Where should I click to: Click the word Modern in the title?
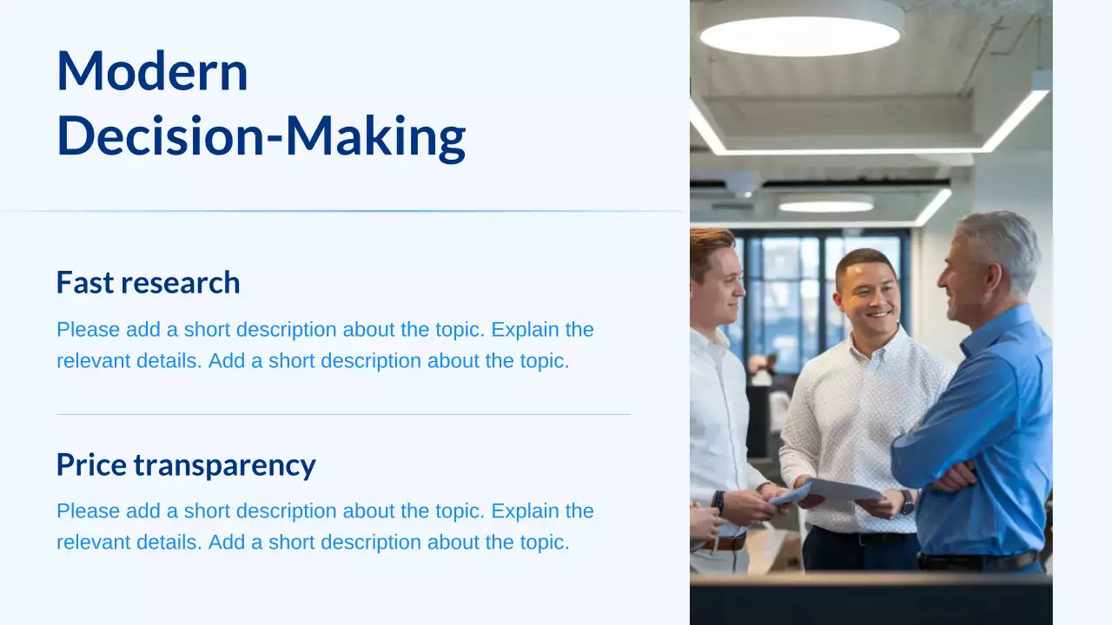pyautogui.click(x=152, y=71)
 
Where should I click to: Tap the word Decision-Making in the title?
pyautogui.click(x=261, y=136)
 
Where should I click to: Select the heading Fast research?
pyautogui.click(x=148, y=283)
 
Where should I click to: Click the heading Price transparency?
pyautogui.click(x=186, y=465)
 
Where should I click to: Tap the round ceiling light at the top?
pyautogui.click(x=800, y=33)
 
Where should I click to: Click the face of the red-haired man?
pyautogui.click(x=720, y=282)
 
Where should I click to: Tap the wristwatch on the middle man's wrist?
pyautogui.click(x=906, y=502)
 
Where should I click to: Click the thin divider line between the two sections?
pyautogui.click(x=343, y=415)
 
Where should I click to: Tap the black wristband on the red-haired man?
pyautogui.click(x=718, y=501)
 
